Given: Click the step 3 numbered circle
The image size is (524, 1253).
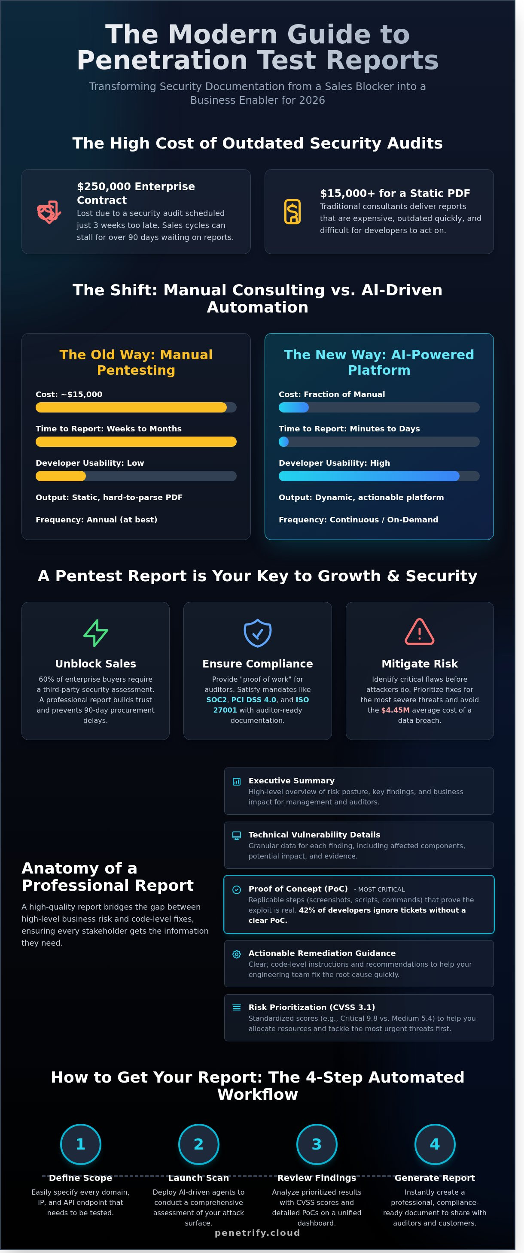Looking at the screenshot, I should pos(316,1144).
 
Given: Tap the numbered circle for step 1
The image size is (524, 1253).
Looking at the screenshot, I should pos(80,1144).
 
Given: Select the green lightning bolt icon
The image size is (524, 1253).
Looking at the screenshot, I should pos(95,632).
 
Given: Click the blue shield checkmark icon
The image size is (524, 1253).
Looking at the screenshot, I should pos(257,632).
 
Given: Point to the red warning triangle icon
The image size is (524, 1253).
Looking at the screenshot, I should pos(419,632).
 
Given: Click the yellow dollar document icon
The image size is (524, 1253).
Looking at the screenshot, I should pos(292,212).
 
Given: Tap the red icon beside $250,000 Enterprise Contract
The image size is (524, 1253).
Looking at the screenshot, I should pos(49,212).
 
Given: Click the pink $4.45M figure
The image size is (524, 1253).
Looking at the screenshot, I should pos(395,710).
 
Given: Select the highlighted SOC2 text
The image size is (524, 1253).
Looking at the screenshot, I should pos(216,699).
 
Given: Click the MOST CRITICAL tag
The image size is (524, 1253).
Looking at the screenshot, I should pos(381,889).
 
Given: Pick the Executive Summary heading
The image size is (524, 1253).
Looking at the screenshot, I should pos(291,780).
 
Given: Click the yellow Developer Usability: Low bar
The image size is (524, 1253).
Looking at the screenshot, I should pos(61,476).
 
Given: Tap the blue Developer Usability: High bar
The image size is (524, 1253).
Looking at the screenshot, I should pos(369,476).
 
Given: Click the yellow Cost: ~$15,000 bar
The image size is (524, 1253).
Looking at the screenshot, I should pos(131,407).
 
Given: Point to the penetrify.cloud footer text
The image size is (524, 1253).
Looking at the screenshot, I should pos(257,1232).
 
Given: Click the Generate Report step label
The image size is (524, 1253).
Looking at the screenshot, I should pos(435,1177).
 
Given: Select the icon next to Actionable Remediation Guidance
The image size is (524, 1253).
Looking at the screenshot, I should pos(237,954).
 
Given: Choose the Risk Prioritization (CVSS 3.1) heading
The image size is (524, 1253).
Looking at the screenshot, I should pos(311,1007).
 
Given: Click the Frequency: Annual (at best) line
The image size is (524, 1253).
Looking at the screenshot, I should pos(96,519).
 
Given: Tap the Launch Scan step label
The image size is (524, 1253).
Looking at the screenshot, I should pos(198,1177).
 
